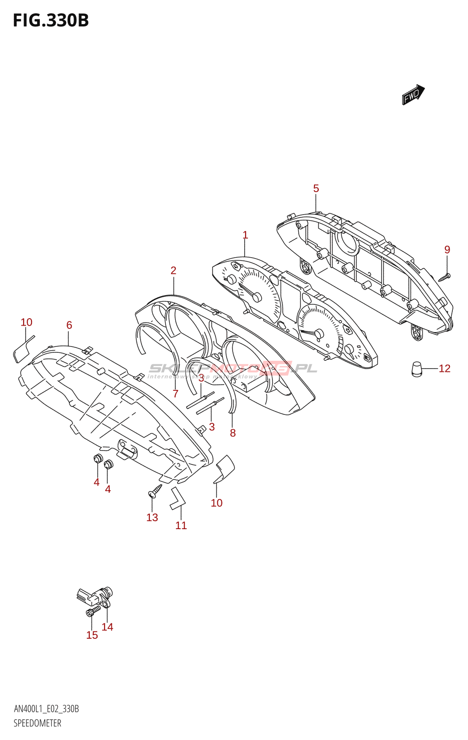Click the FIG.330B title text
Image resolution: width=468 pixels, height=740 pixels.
pos(51,20)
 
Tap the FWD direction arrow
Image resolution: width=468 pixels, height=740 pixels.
pos(413,95)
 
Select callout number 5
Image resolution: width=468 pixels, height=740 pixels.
pos(316,188)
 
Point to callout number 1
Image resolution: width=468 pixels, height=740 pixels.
pos(245,235)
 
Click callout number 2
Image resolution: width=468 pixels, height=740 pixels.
pos(173,271)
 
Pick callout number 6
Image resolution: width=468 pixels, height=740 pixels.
pos(69,325)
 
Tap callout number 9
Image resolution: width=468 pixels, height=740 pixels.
pos(447,250)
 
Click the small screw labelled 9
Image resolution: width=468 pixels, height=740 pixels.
pos(445,277)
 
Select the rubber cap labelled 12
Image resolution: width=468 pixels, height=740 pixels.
pos(417,369)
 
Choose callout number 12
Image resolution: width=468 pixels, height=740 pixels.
pos(444,369)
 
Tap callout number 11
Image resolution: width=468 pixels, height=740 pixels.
pos(181,525)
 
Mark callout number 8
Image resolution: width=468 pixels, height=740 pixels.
pos(233,433)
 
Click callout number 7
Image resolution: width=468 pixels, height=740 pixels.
pos(175,394)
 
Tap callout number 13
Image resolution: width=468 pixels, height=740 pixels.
pos(152,518)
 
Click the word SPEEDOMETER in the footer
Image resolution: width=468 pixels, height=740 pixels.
pos(37,723)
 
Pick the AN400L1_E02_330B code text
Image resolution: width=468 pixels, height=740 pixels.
pos(46,709)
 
